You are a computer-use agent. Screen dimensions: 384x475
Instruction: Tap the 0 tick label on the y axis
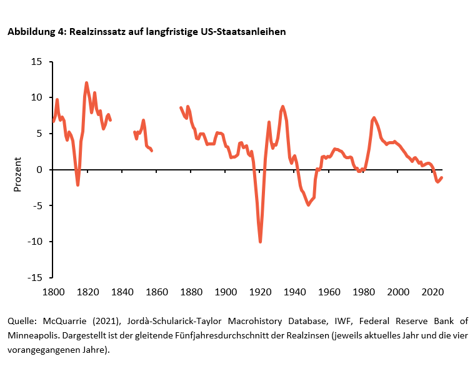point(39,170)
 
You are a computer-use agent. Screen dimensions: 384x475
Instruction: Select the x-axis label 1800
point(53,292)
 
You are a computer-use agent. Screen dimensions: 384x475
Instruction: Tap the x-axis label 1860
point(157,292)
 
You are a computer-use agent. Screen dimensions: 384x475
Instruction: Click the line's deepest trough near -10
point(260,242)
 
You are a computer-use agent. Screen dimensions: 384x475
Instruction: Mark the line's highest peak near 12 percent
point(86,82)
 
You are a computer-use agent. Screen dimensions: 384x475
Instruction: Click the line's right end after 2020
point(442,177)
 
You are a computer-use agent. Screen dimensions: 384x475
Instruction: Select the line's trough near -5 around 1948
point(308,205)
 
